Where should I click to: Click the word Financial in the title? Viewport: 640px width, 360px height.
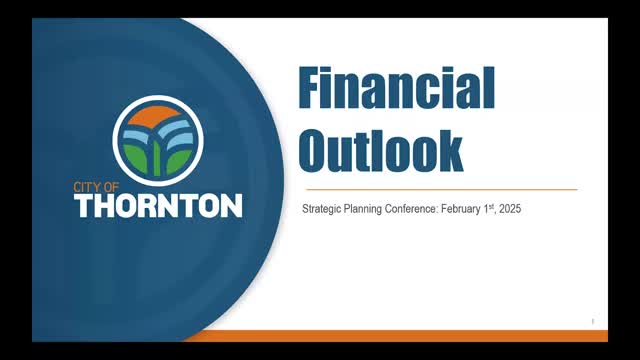point(396,90)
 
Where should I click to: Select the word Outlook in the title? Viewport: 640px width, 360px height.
point(380,149)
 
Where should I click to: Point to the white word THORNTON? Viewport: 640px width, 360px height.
point(158,205)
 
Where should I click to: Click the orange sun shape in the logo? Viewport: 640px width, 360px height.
point(158,115)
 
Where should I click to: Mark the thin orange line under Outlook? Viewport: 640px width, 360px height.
point(440,189)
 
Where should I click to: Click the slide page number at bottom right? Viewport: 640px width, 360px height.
point(593,321)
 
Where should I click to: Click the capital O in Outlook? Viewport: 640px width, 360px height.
point(318,149)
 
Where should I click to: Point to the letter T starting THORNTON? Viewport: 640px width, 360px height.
point(84,205)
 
